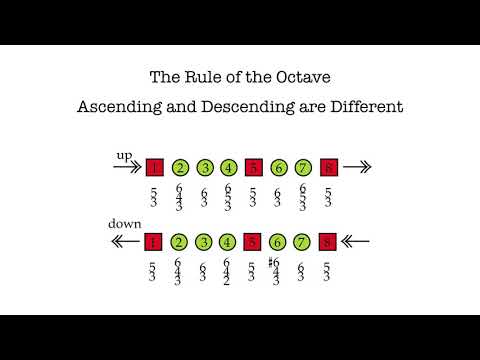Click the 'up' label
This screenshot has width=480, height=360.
click(x=124, y=156)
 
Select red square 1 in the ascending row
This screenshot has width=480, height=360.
click(x=154, y=168)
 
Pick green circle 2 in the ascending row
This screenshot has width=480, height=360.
click(x=180, y=168)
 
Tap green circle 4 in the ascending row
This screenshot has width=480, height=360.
click(x=229, y=168)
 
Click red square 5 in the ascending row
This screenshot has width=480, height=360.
click(x=254, y=168)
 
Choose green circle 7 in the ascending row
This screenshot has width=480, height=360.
click(x=303, y=168)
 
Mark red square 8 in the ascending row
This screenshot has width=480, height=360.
click(x=328, y=168)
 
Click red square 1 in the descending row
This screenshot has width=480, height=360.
click(x=154, y=240)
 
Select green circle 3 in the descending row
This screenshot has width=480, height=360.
click(x=204, y=240)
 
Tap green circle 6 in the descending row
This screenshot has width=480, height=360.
click(x=278, y=240)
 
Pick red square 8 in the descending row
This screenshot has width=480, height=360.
click(x=328, y=240)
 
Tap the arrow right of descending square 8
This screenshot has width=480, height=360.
click(x=356, y=240)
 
